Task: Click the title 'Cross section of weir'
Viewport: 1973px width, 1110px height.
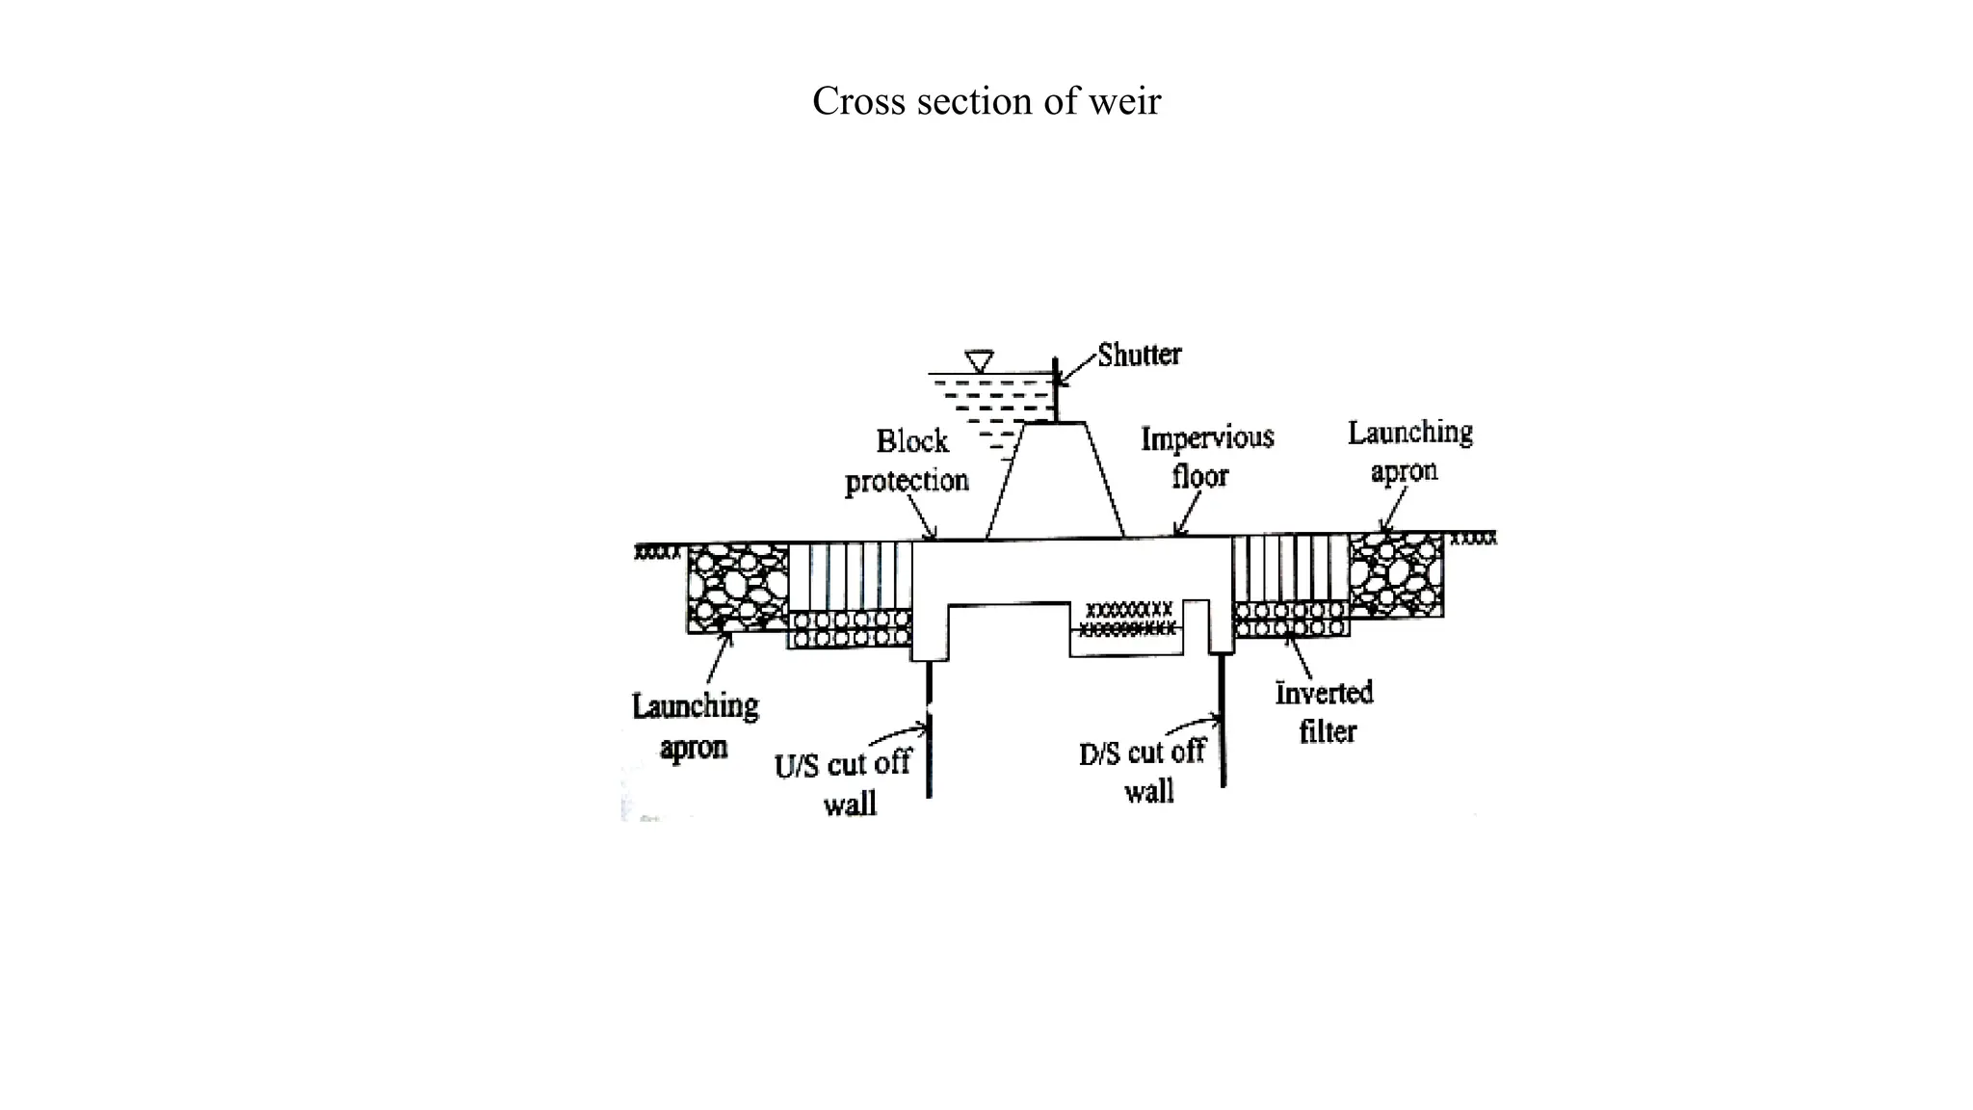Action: point(986,101)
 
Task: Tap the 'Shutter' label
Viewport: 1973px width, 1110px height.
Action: point(1139,355)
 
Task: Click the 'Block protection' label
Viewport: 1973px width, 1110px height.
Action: point(908,461)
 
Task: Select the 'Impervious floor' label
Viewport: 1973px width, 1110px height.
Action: point(1206,457)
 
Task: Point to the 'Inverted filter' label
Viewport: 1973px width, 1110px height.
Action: point(1325,712)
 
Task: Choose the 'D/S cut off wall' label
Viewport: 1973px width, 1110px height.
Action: point(1144,771)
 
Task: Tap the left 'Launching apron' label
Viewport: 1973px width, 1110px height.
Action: point(695,726)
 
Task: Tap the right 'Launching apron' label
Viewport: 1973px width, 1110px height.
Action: point(1408,451)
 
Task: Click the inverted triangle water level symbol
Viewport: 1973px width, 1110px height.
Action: point(980,361)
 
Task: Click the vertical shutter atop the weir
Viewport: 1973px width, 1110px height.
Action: point(1056,390)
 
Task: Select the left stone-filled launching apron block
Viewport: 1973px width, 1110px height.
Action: point(738,587)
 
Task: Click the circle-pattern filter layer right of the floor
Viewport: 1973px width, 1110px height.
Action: point(1291,620)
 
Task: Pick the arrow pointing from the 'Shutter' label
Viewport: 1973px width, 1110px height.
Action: point(1076,370)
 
